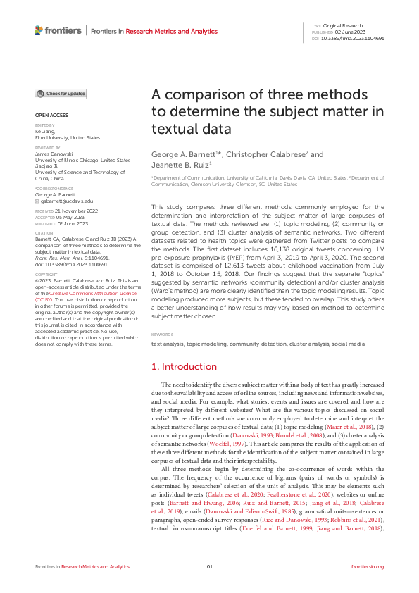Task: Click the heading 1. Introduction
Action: point(185,367)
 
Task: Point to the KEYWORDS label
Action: point(163,335)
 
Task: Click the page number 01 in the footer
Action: point(209,566)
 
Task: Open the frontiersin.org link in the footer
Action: point(367,566)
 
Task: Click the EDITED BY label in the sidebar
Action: point(45,125)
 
